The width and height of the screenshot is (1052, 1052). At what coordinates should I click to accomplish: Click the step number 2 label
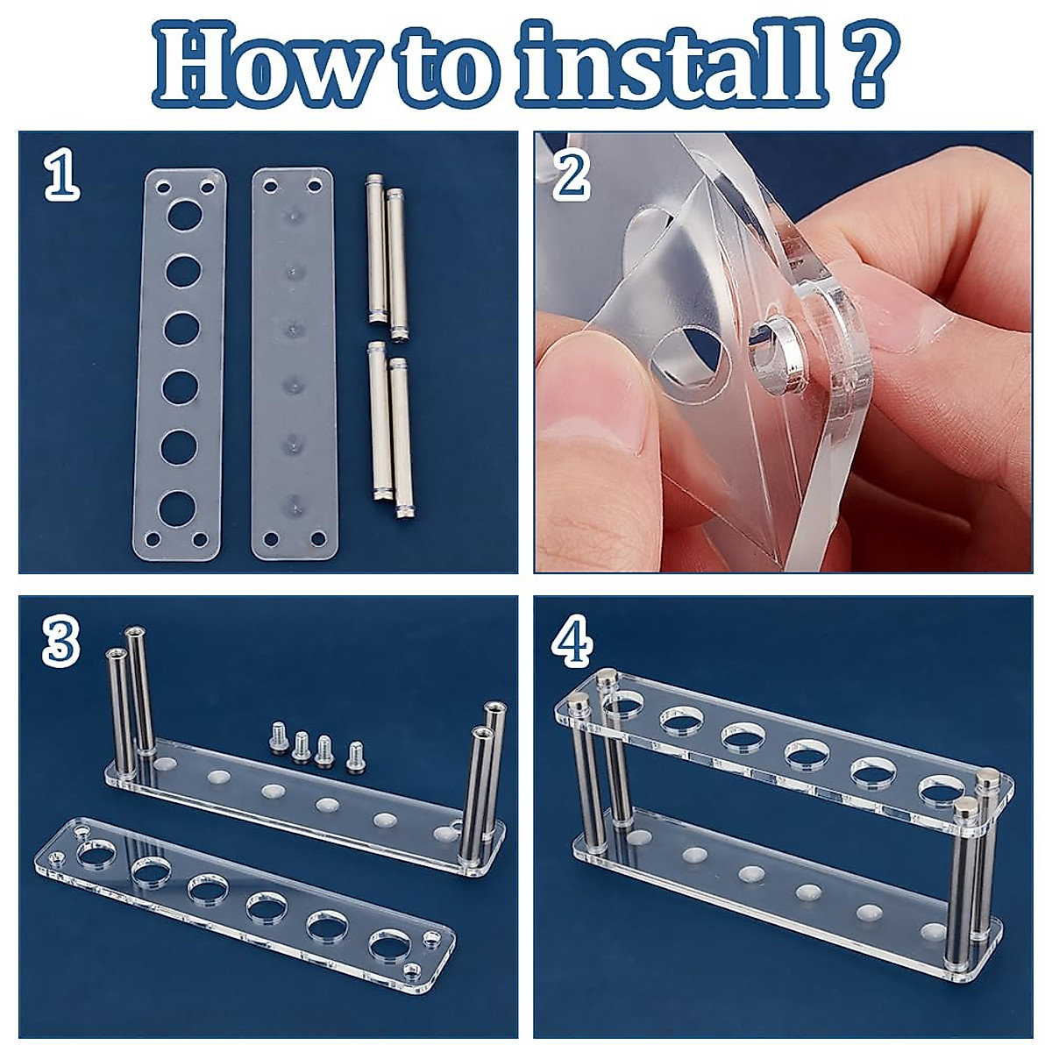click(572, 176)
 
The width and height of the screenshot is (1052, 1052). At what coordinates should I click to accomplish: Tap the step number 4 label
click(572, 642)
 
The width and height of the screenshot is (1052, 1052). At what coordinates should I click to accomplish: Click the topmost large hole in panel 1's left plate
click(185, 215)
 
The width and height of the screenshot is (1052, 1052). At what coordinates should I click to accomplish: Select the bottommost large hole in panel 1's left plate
click(177, 507)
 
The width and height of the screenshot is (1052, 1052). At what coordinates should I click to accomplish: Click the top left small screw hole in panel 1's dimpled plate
click(270, 187)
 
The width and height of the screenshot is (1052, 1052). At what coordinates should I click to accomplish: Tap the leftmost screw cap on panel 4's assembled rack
click(579, 701)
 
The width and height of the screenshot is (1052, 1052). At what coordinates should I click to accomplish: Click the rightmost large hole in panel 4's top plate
click(942, 789)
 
